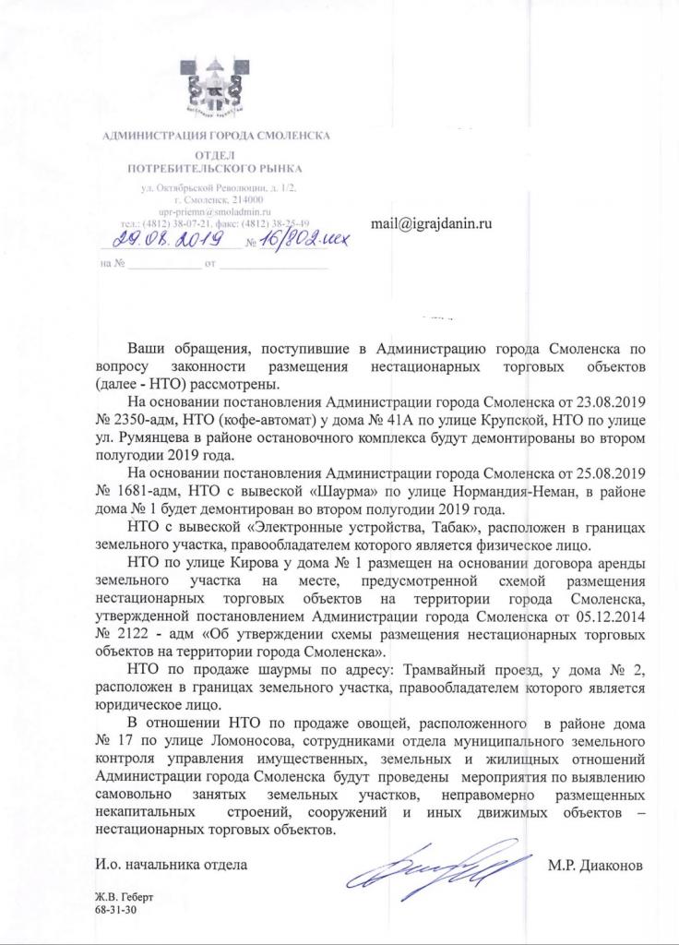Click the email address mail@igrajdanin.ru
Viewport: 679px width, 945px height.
pyautogui.click(x=430, y=224)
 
